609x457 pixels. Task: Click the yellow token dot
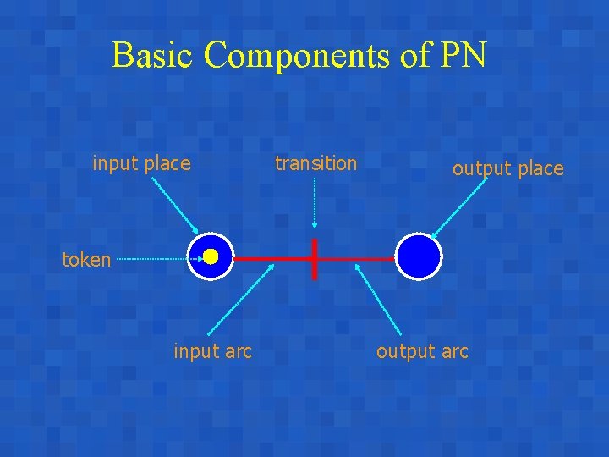pos(211,256)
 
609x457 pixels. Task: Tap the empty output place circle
pos(420,256)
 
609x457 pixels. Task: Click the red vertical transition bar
pos(315,258)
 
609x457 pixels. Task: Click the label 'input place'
pos(141,163)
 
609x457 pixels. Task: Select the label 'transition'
pos(316,163)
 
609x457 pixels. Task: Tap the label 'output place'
pos(507,168)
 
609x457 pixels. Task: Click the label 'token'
pos(86,260)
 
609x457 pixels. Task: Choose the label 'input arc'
pos(212,351)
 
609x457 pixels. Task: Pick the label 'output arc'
pos(422,351)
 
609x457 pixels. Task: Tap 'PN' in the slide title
pos(463,56)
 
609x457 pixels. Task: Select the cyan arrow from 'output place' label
pos(459,208)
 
